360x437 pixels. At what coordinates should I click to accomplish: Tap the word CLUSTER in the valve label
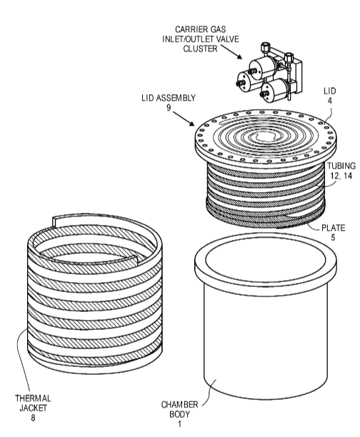(200, 49)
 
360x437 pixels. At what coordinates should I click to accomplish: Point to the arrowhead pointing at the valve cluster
(239, 56)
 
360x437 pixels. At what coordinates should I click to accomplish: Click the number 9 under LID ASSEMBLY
(169, 108)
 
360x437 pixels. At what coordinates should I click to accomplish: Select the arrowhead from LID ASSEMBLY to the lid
(191, 123)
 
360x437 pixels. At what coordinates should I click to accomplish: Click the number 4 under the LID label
(329, 101)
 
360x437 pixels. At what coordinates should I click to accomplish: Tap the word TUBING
(341, 166)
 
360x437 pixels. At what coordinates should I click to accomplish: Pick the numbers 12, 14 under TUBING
(341, 176)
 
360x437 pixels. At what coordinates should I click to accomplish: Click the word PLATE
(334, 228)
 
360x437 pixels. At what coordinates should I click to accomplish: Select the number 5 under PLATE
(333, 238)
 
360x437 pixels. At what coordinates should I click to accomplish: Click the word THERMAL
(33, 398)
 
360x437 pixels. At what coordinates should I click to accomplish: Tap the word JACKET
(33, 408)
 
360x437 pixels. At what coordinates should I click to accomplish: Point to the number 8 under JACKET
(33, 418)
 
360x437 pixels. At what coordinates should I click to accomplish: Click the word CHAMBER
(179, 405)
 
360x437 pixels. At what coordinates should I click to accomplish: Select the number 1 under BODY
(179, 424)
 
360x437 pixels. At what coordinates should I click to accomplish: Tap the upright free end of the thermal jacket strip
(54, 222)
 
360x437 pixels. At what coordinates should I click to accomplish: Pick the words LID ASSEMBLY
(169, 98)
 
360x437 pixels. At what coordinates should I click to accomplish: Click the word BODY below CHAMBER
(179, 414)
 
